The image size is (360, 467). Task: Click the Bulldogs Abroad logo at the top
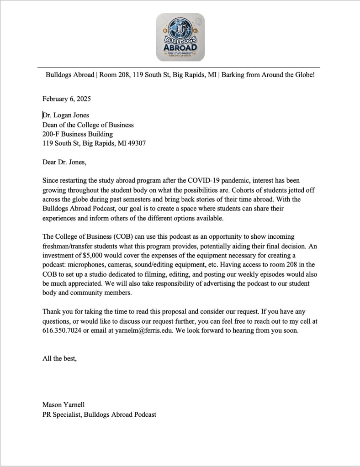point(180,37)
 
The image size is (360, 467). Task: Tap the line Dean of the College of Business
point(88,125)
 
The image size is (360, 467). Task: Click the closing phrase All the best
point(60,358)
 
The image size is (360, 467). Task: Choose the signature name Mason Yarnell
point(64,405)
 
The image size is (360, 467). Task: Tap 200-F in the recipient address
point(50,134)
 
